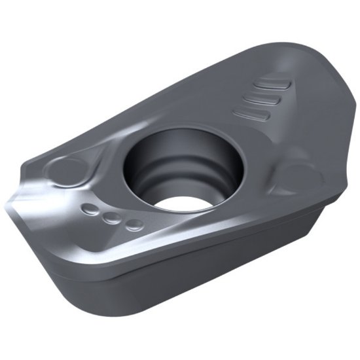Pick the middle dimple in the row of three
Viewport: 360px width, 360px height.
point(112,218)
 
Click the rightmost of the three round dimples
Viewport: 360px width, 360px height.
point(134,225)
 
